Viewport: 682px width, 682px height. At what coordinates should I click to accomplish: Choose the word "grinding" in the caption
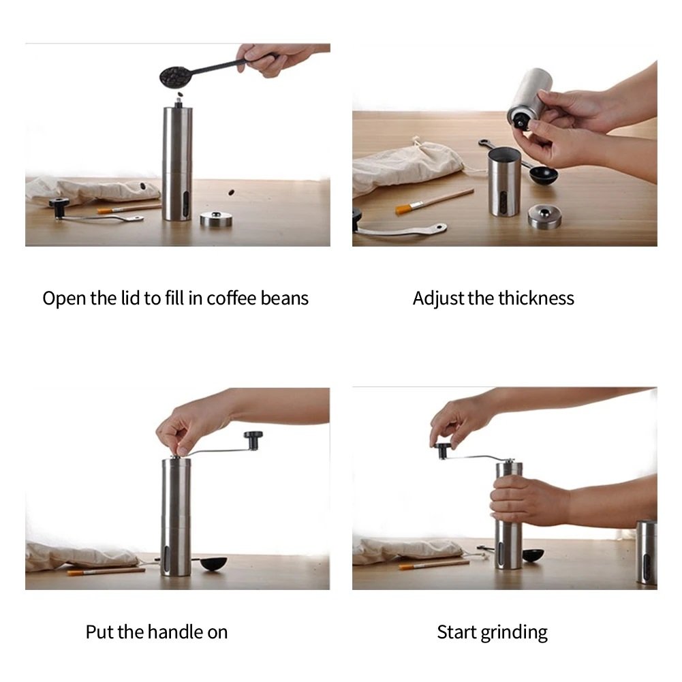(512, 633)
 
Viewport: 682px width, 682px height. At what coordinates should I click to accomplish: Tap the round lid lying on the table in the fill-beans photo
(216, 219)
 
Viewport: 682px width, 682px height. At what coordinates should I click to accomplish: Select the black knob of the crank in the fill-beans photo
(59, 203)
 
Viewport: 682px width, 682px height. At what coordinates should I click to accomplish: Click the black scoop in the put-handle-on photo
(214, 564)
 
